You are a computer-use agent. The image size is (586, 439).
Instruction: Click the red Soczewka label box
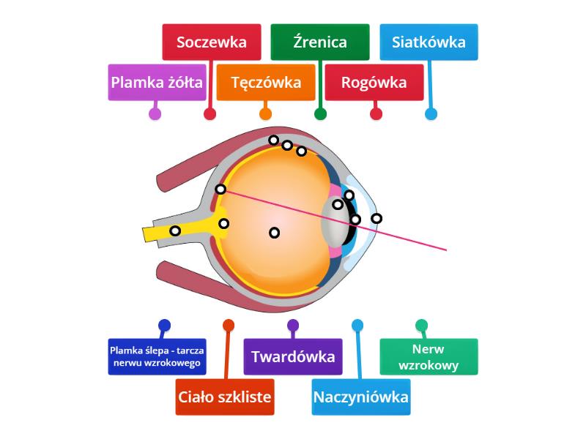coord(212,42)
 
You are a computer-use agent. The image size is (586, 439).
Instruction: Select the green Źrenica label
coord(319,42)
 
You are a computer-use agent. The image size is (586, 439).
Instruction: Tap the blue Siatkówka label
coord(429,42)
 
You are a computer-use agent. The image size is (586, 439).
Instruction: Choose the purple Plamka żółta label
coord(157,82)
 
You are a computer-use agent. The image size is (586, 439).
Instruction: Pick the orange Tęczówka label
coord(266,82)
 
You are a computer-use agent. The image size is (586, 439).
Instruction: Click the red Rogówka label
coord(374,82)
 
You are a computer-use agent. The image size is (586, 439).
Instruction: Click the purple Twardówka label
coord(293,357)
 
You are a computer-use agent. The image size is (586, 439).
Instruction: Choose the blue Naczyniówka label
coord(361,397)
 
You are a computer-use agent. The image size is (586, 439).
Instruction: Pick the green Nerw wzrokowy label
coord(429,357)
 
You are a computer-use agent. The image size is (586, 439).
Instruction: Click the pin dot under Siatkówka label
coord(431,114)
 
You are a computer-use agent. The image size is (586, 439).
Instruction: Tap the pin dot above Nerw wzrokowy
coord(421,325)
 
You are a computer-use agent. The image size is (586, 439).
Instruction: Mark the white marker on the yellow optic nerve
coord(175,231)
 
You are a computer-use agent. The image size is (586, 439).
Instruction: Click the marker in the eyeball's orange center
coord(274,233)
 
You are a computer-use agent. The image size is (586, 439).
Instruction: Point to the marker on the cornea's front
coord(377,218)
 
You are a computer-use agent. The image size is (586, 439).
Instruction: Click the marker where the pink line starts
coord(220,189)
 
